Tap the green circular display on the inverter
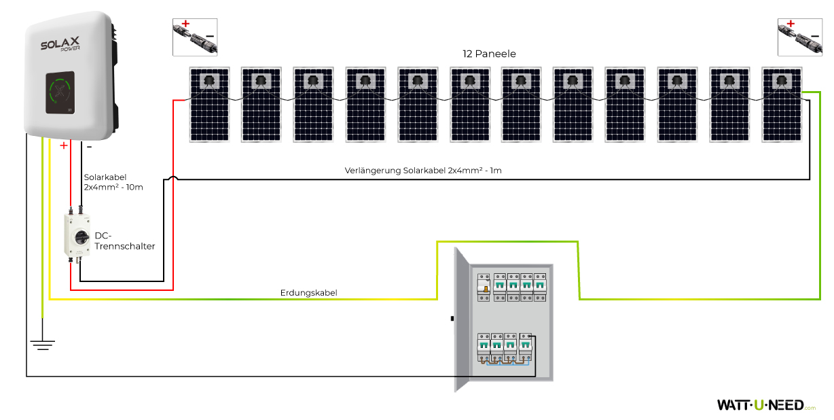coord(62,92)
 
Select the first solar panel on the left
coord(209,104)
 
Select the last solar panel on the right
coord(782,104)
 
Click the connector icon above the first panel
coord(195,37)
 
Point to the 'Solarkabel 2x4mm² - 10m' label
coord(113,181)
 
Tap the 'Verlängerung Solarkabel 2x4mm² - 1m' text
coord(423,170)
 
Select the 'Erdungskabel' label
coord(308,293)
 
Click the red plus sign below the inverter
coord(64,145)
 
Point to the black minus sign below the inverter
coord(89,145)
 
